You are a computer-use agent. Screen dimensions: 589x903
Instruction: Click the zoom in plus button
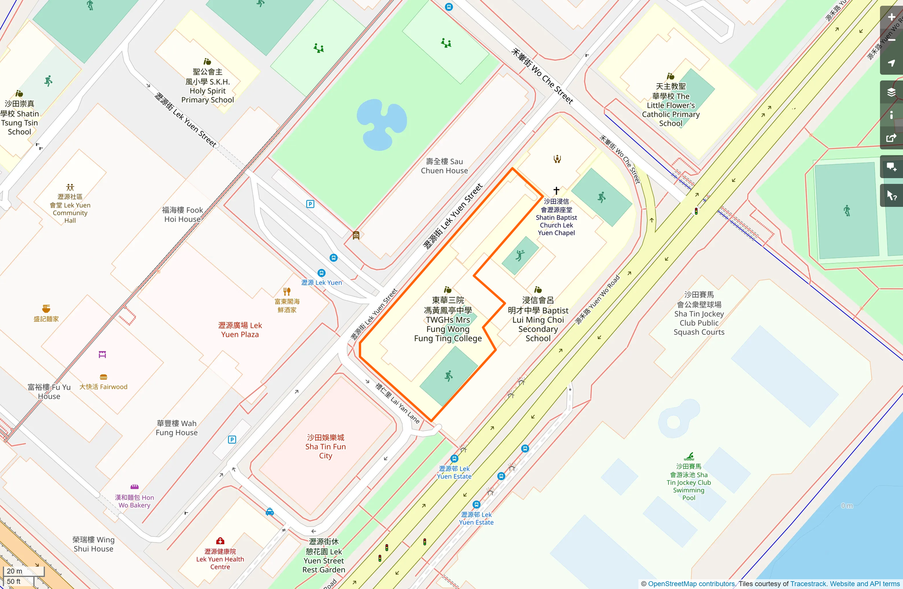891,17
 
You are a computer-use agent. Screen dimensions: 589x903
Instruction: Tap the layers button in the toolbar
891,92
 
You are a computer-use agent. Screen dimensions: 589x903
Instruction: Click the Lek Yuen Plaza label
240,329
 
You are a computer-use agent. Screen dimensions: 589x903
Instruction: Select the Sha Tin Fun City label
325,446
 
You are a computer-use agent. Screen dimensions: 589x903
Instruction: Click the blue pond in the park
381,124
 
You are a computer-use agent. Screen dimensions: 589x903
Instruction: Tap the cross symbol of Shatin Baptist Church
556,191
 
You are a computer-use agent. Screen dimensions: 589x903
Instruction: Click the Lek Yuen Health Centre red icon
220,541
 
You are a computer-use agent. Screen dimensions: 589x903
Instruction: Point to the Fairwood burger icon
103,377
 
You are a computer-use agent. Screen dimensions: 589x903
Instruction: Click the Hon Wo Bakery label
134,501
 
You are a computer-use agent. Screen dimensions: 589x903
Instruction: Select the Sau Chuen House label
444,166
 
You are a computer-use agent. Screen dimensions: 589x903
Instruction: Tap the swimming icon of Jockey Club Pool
689,456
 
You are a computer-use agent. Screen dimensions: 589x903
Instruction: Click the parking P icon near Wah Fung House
232,440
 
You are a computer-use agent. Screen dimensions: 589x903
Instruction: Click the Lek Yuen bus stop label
321,283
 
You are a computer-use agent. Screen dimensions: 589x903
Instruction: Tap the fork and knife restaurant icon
287,291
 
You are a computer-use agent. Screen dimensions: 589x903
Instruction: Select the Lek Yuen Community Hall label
70,208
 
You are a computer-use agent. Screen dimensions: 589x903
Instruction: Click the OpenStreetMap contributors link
691,584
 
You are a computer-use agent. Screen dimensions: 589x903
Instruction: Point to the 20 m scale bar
23,571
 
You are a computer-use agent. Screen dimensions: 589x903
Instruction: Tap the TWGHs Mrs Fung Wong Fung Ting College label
448,319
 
